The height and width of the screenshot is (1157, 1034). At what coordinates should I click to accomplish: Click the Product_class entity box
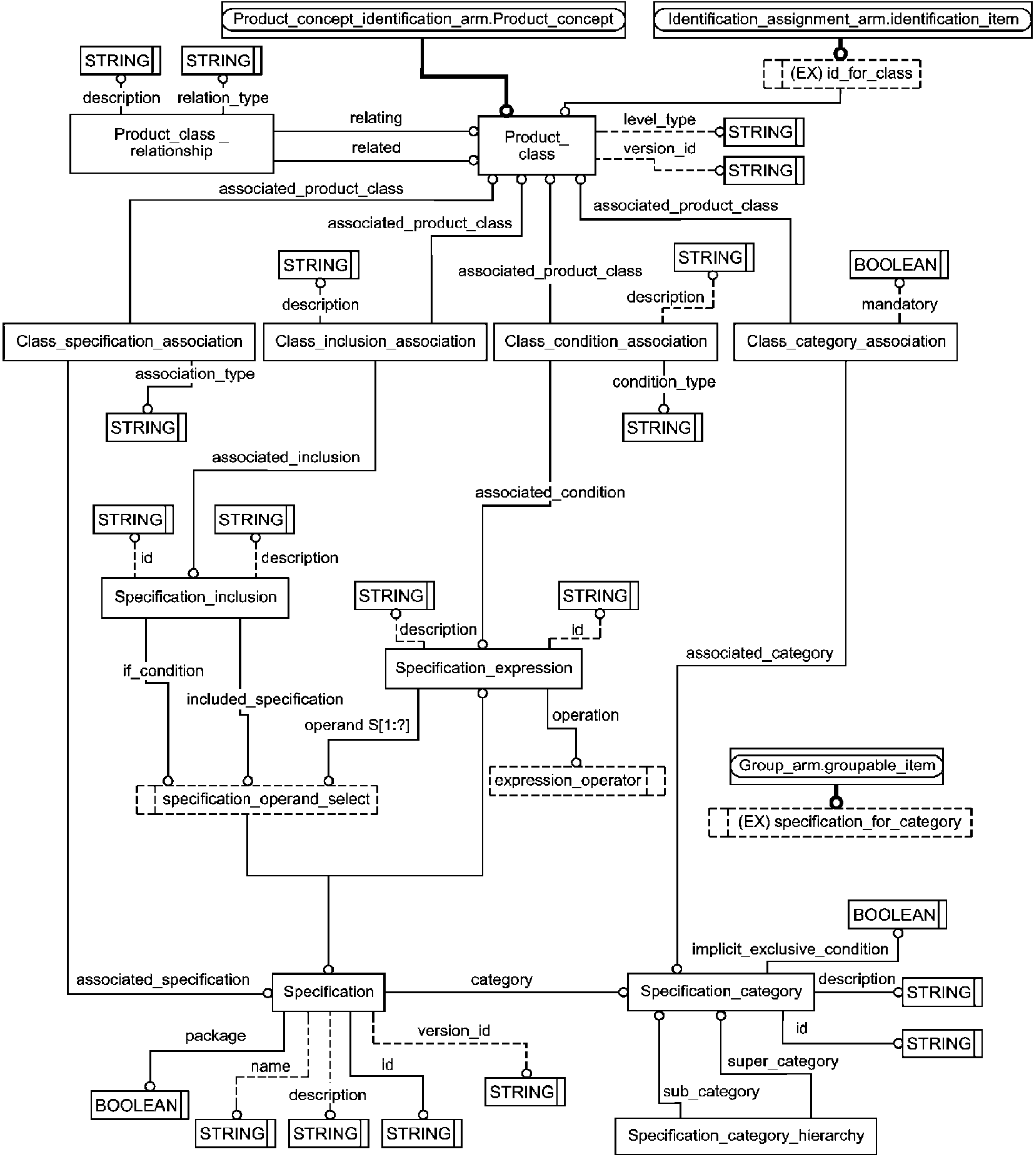pos(536,145)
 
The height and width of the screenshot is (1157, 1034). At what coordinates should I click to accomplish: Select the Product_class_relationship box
pos(171,143)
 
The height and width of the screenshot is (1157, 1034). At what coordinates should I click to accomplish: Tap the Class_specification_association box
pos(129,341)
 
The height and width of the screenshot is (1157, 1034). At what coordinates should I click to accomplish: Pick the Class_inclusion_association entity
pos(375,341)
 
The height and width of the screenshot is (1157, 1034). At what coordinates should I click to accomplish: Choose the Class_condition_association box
pos(605,341)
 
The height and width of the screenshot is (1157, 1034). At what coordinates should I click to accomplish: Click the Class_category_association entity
pos(845,341)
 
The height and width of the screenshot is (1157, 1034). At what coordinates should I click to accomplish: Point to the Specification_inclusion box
pos(195,597)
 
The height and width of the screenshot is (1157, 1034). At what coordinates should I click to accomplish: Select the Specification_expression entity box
pos(483,668)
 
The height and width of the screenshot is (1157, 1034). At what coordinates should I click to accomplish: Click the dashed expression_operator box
pos(576,781)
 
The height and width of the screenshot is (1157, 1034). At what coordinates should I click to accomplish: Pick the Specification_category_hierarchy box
pos(745,1135)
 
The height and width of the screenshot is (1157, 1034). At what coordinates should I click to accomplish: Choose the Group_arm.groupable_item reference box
pos(836,766)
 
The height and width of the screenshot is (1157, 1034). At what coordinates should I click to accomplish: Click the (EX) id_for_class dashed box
pos(842,74)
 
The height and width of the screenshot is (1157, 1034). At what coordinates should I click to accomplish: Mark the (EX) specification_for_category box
pos(840,822)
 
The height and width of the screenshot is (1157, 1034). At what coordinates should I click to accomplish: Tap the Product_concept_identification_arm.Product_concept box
pos(423,19)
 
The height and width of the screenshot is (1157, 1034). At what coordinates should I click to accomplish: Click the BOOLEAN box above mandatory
pos(898,265)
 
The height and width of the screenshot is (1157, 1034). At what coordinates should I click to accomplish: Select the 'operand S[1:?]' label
pos(357,725)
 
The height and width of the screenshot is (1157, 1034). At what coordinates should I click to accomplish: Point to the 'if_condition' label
pos(163,671)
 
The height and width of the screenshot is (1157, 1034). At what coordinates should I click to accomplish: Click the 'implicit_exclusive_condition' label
pos(790,949)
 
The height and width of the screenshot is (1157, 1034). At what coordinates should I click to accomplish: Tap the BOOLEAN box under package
pos(139,1105)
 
